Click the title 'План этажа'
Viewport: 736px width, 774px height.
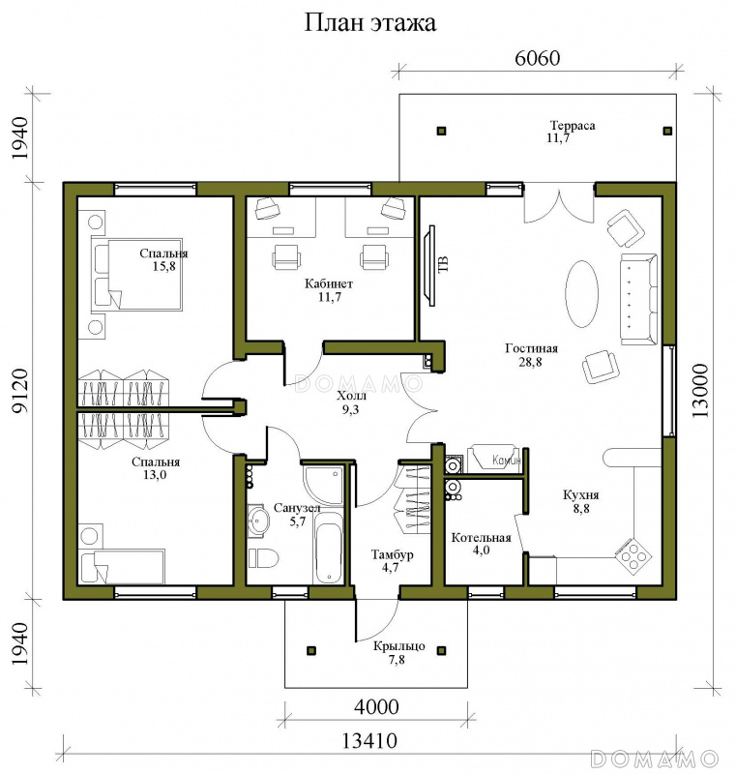click(370, 23)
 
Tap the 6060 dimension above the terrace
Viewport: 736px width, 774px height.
click(537, 58)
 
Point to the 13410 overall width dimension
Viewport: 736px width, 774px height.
click(369, 740)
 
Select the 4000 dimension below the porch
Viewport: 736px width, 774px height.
click(376, 707)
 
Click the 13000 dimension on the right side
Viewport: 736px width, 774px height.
click(700, 391)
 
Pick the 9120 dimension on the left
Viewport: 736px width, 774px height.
click(19, 391)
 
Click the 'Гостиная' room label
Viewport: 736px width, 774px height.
click(531, 348)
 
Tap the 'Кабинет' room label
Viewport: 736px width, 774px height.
click(329, 283)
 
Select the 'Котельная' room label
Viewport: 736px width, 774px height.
click(481, 538)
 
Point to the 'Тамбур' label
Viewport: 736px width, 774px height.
click(392, 554)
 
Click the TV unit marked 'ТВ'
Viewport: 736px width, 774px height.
click(431, 265)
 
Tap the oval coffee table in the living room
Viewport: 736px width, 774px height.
click(581, 293)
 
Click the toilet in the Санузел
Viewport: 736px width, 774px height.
click(263, 558)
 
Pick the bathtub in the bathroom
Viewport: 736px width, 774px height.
click(329, 549)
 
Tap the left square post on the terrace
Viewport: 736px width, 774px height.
click(441, 131)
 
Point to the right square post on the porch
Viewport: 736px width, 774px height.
click(441, 650)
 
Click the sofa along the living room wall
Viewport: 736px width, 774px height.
click(639, 299)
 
